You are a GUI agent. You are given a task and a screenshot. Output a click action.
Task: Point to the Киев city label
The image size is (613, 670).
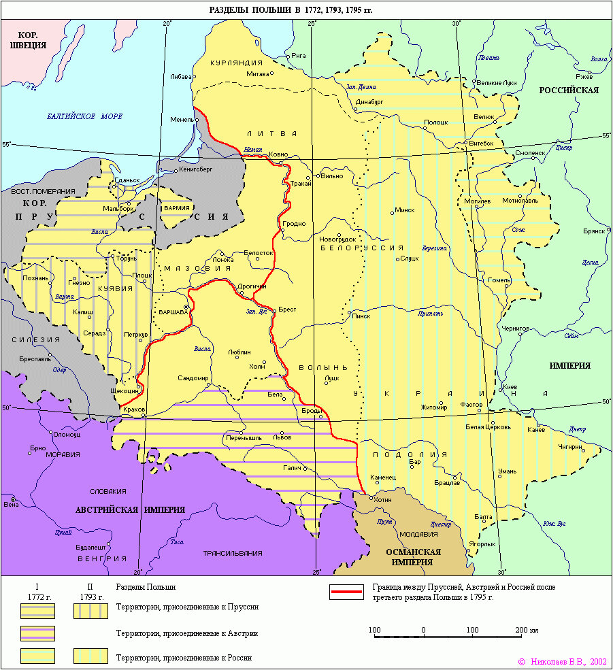(510, 387)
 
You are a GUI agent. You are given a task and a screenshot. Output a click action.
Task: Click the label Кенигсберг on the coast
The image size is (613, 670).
(197, 169)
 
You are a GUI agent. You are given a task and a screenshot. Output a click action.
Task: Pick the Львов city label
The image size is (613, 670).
(282, 437)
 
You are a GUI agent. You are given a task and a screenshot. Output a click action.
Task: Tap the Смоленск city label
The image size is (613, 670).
(530, 153)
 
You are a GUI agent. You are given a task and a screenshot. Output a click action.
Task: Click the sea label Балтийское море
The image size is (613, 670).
(84, 116)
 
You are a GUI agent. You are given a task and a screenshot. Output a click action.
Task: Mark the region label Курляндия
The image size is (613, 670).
(236, 63)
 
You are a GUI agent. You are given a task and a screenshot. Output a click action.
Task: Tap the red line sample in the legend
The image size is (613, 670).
(346, 592)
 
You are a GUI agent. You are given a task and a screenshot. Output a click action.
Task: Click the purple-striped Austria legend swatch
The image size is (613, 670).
(37, 633)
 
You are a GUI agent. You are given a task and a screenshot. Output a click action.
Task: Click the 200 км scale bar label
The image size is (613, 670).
(527, 630)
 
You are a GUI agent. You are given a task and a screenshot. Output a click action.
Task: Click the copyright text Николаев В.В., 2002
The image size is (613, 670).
(562, 660)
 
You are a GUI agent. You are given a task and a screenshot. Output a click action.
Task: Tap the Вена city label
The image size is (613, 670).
(11, 504)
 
